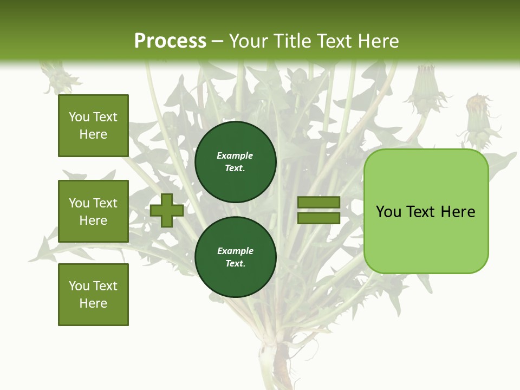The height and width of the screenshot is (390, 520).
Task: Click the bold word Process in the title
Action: click(170, 41)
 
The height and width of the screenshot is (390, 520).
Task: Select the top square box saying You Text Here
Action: click(93, 126)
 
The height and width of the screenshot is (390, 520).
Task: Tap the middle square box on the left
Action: click(93, 211)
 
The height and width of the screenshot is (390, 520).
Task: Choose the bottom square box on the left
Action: click(93, 295)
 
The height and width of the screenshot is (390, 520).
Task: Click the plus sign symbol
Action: click(167, 210)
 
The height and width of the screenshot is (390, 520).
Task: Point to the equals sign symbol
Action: click(318, 210)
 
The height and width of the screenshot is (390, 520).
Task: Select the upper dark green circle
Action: click(235, 162)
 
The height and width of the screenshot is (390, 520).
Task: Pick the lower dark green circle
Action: click(235, 257)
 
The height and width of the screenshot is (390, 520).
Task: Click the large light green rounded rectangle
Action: click(426, 211)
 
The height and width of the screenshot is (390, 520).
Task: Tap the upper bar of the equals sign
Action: click(318, 203)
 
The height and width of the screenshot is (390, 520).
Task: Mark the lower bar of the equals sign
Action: click(318, 218)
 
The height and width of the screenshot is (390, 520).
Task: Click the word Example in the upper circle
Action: click(235, 155)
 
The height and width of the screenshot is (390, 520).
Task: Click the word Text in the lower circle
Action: click(235, 264)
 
